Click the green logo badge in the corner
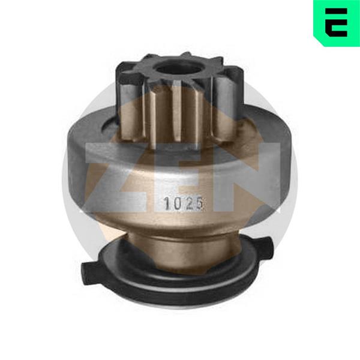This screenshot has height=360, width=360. pyautogui.click(x=337, y=23)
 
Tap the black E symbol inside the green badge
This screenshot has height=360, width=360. pyautogui.click(x=336, y=23)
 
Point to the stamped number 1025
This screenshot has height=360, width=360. pyautogui.click(x=183, y=203)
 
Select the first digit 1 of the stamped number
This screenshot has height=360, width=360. pyautogui.click(x=167, y=204)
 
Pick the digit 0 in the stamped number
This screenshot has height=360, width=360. pyautogui.click(x=178, y=204)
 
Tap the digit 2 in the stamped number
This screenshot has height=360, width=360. pyautogui.click(x=189, y=203)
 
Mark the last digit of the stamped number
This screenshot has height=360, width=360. pyautogui.click(x=199, y=203)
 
